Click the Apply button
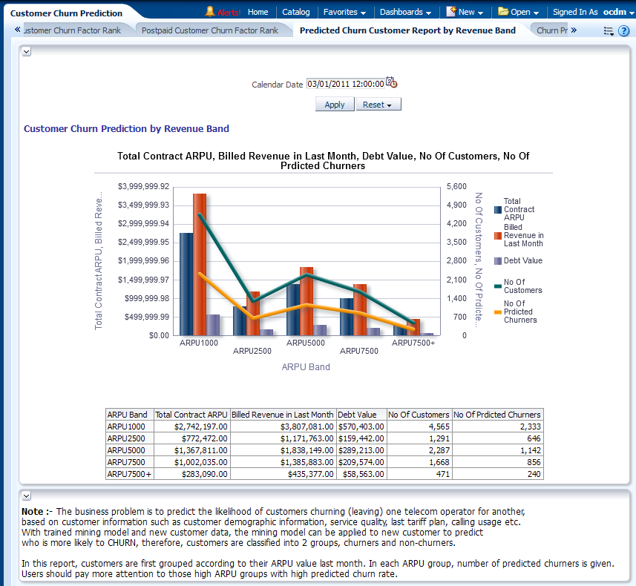pos(335,105)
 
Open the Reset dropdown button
pos(378,105)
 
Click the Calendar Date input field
pos(345,84)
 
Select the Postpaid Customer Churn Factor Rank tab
pos(210,30)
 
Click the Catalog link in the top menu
pos(296,12)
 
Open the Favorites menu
pos(344,12)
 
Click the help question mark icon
pos(623,30)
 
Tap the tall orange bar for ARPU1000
pos(199,263)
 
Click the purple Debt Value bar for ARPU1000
pos(213,324)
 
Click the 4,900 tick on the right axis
pos(456,205)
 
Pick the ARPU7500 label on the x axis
pos(359,351)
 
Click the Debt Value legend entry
pos(522,260)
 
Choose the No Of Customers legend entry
pos(522,286)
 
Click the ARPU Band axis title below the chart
pos(306,366)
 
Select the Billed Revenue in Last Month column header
pos(283,415)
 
